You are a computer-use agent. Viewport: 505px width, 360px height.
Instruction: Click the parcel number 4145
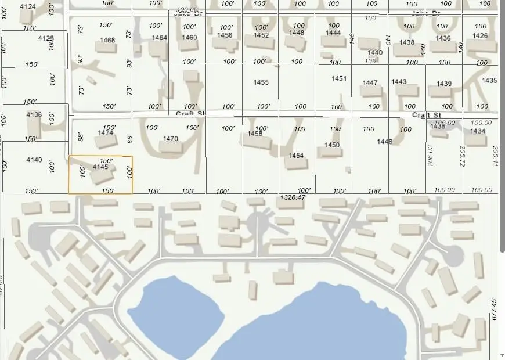pyautogui.click(x=100, y=167)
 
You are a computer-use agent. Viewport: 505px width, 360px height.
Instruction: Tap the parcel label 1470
pyautogui.click(x=171, y=139)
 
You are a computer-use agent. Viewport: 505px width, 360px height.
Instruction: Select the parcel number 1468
pyautogui.click(x=108, y=41)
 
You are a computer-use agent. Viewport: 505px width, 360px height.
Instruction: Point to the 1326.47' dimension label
pyautogui.click(x=293, y=198)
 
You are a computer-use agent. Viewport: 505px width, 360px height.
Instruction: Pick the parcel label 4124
pyautogui.click(x=28, y=7)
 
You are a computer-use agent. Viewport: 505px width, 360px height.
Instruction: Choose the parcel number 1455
pyautogui.click(x=261, y=82)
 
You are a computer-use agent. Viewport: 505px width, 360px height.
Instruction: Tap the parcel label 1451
pyautogui.click(x=339, y=79)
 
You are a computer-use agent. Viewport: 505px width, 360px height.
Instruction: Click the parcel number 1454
pyautogui.click(x=296, y=156)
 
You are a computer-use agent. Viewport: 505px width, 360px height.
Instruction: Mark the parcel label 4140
pyautogui.click(x=34, y=160)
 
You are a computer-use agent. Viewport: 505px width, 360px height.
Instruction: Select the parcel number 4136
pyautogui.click(x=34, y=115)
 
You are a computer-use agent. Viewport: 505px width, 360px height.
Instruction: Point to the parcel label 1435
pyautogui.click(x=489, y=81)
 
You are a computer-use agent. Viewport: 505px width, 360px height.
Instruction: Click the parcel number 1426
pyautogui.click(x=480, y=36)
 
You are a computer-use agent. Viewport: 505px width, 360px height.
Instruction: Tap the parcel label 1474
pyautogui.click(x=106, y=133)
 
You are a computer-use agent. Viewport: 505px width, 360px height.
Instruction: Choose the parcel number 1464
pyautogui.click(x=160, y=38)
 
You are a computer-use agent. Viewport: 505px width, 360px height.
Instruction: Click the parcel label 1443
pyautogui.click(x=399, y=82)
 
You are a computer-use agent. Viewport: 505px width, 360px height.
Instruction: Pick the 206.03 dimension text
pyautogui.click(x=431, y=156)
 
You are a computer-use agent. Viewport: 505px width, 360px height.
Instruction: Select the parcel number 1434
pyautogui.click(x=478, y=131)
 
